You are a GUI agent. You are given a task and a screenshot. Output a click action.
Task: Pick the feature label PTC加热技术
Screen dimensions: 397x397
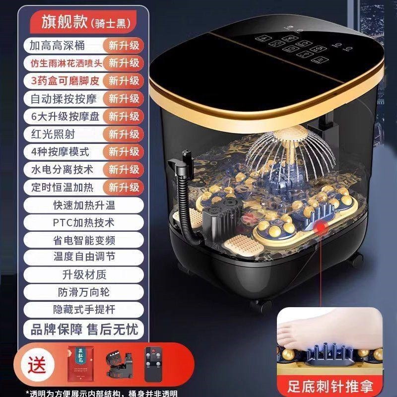point(83,222)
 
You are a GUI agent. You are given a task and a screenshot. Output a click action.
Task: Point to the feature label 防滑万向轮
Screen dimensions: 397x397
point(83,292)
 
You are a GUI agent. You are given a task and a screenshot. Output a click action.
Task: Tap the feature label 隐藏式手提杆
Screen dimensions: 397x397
point(83,310)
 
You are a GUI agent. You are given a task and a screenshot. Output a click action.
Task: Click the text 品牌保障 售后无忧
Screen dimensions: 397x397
point(83,329)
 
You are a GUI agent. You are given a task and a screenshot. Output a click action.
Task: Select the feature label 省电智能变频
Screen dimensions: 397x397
point(83,240)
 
